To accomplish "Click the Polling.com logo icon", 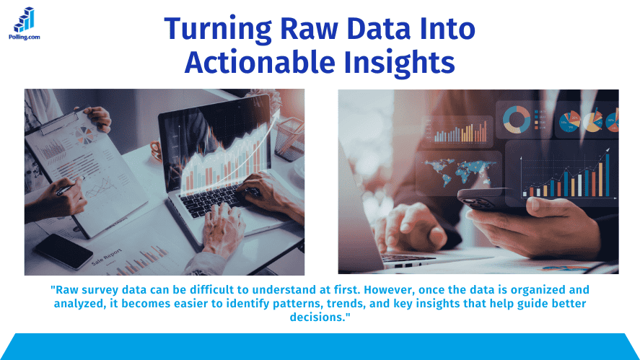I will (x=25, y=19).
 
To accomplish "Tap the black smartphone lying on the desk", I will (x=63, y=250).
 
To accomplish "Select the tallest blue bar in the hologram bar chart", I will (x=607, y=174).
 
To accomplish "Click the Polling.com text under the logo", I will (x=24, y=36).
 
